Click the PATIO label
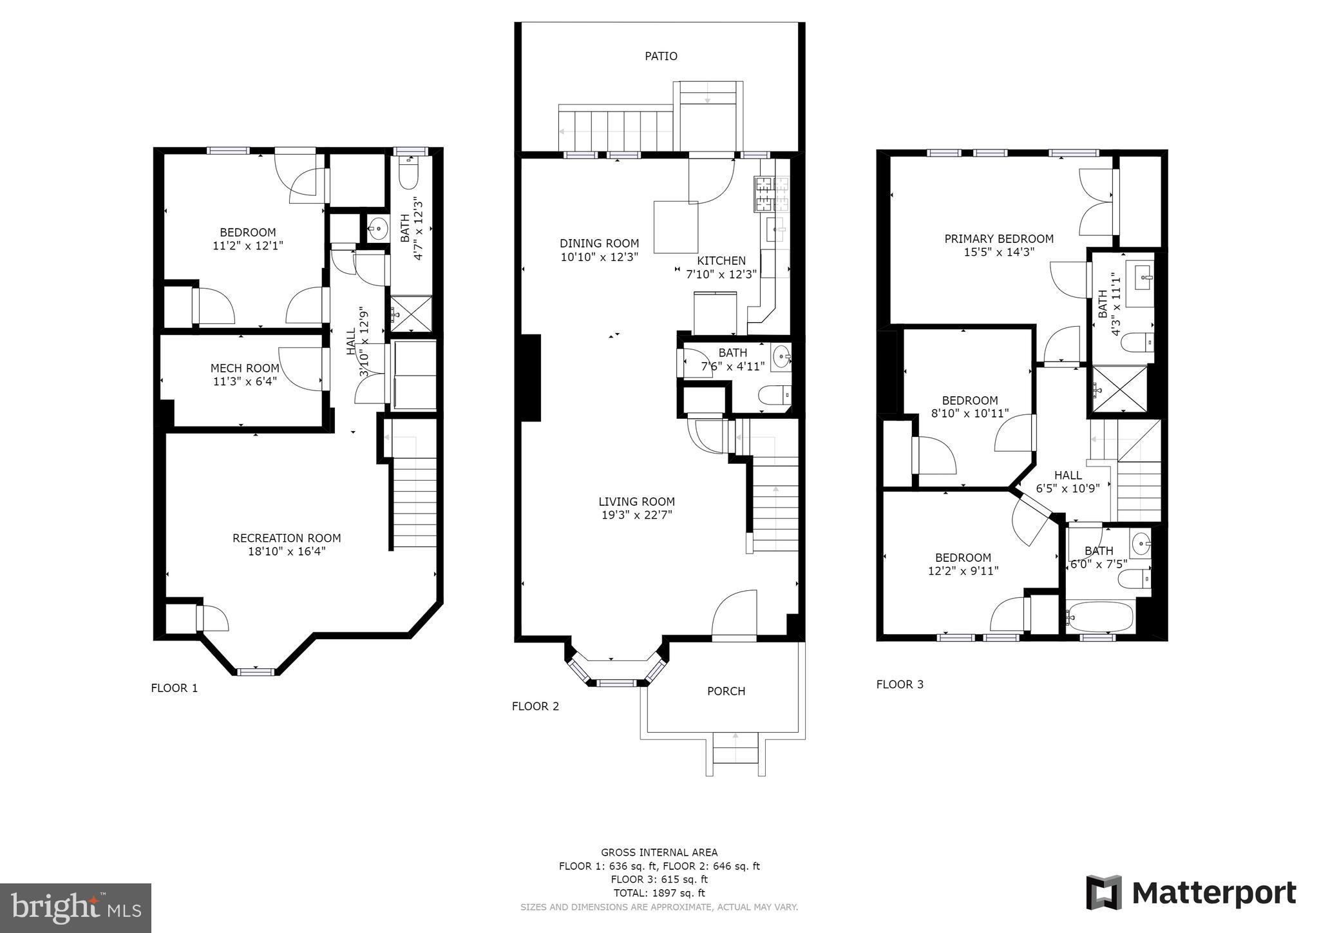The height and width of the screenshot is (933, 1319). tap(661, 56)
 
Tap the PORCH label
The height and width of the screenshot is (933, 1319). tap(726, 691)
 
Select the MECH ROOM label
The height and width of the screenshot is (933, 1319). tap(245, 368)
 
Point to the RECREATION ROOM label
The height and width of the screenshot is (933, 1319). tap(287, 537)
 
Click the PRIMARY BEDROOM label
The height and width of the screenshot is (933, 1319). tap(999, 238)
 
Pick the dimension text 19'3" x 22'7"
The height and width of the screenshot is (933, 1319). tap(636, 515)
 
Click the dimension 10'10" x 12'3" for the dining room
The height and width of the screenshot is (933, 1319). tap(599, 256)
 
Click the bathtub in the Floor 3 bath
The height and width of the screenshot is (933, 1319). tap(1099, 617)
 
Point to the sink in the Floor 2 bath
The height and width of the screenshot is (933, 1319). tap(781, 356)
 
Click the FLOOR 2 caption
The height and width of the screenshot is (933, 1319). tap(535, 706)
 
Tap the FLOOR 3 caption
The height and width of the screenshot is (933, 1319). tap(900, 684)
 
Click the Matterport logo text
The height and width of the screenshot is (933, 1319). tap(1214, 893)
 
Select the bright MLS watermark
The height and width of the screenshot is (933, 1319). tap(76, 908)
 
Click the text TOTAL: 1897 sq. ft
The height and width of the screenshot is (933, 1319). tap(659, 893)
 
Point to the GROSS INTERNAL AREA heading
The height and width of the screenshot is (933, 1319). tap(659, 852)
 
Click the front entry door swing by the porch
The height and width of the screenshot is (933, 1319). tap(734, 615)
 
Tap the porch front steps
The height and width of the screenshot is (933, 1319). tap(735, 754)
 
